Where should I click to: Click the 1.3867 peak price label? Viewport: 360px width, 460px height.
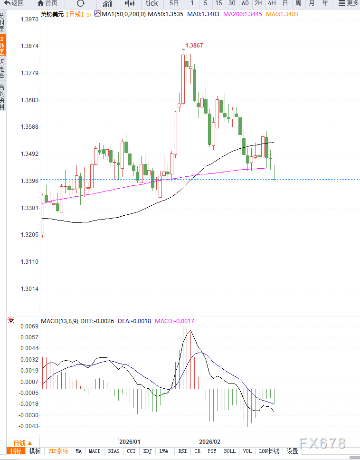[194, 46]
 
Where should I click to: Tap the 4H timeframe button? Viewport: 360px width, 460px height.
[272, 3]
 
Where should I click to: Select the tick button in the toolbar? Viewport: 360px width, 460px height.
[152, 3]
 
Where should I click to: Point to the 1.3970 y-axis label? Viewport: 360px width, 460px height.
[29, 20]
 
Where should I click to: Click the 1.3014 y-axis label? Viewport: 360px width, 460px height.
[29, 289]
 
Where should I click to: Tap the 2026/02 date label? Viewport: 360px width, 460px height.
[209, 441]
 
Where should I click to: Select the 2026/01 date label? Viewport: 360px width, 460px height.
[129, 441]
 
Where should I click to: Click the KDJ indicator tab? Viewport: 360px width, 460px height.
[148, 451]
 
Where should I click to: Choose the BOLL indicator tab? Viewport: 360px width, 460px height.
[229, 451]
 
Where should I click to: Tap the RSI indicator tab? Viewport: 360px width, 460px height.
[182, 451]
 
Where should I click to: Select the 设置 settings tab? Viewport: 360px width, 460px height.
[292, 451]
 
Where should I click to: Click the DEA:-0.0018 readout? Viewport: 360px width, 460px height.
[135, 321]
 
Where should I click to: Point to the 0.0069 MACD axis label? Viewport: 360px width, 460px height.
[29, 326]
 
